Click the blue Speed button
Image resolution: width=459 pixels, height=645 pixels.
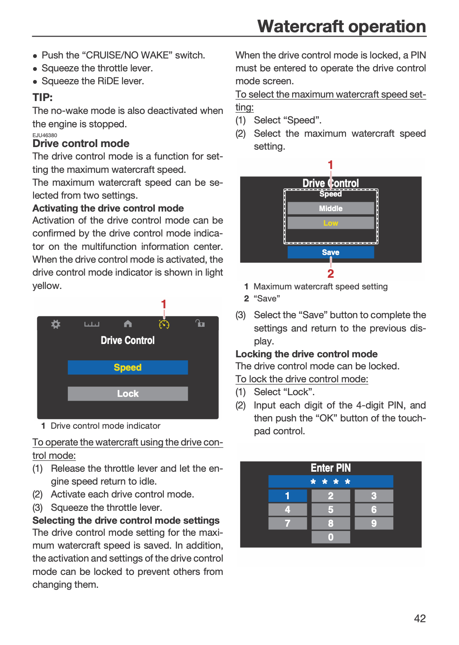tap(128, 367)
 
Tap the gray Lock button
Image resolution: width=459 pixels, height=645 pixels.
tap(128, 393)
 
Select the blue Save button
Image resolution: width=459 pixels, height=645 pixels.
tap(330, 252)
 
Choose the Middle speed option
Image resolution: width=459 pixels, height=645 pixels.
tap(330, 208)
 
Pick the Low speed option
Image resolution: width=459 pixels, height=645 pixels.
tap(330, 223)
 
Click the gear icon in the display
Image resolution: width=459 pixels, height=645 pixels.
tap(56, 324)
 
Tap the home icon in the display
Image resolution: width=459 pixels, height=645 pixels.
tap(128, 324)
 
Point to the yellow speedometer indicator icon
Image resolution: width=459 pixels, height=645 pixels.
tap(164, 324)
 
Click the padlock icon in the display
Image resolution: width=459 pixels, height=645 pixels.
tap(200, 323)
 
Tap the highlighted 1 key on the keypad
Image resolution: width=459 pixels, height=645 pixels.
tap(288, 495)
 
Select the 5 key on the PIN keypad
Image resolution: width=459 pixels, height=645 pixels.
tap(330, 510)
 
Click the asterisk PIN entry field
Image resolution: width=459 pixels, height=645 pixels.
tap(330, 482)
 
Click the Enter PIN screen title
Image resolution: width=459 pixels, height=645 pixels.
tap(330, 468)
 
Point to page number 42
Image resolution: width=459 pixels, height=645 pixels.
tap(420, 618)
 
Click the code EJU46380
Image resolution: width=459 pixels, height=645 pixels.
tap(45, 135)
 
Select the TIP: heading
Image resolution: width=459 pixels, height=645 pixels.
tap(43, 97)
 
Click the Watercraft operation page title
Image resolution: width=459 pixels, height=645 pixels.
tap(342, 27)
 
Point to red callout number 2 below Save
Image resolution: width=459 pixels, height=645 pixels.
tap(330, 273)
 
